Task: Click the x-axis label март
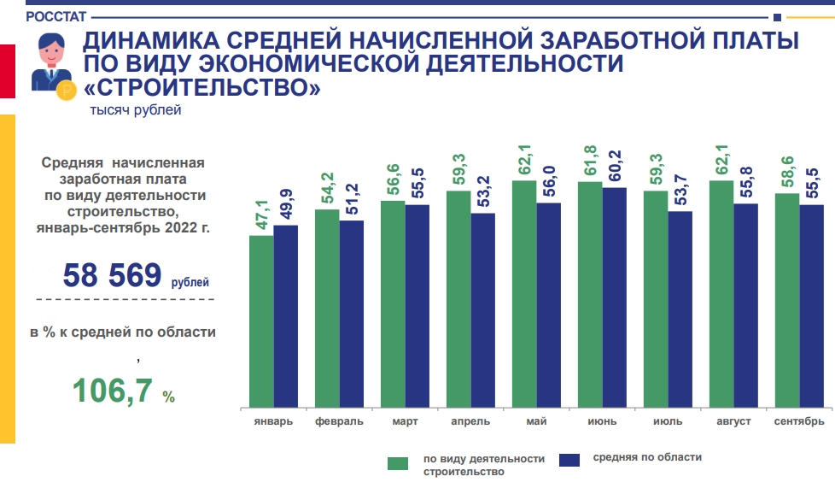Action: (405, 421)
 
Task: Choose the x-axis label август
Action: (733, 421)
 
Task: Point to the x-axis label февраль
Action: (339, 421)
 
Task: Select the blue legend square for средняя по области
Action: (569, 460)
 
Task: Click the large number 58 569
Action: (112, 275)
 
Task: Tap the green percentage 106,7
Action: (113, 390)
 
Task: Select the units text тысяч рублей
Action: (136, 109)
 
